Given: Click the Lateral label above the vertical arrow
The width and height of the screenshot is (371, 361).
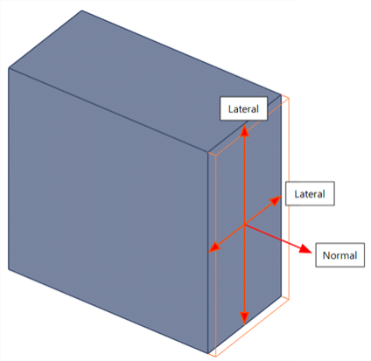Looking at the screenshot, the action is (x=243, y=108).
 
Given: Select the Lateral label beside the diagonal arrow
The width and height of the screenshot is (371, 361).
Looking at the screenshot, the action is (x=310, y=194).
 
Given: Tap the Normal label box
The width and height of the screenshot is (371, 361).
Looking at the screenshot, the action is (x=339, y=255).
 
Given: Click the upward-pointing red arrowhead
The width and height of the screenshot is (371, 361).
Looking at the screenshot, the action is (x=244, y=131).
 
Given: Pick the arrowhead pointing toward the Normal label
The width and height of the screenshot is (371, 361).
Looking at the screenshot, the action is (x=305, y=249).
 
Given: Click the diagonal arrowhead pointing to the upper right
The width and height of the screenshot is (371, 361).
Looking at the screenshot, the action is (x=276, y=200).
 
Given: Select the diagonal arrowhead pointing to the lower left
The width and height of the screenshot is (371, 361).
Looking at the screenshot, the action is (x=214, y=247).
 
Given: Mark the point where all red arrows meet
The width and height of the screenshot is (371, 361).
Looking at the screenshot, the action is (x=244, y=225).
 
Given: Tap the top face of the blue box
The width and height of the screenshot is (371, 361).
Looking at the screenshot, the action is (x=145, y=80).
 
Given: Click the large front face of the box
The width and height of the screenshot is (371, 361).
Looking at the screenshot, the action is (x=108, y=211).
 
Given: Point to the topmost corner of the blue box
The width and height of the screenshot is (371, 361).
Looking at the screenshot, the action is (x=82, y=10).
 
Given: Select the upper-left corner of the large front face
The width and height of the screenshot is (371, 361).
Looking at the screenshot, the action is (x=9, y=68).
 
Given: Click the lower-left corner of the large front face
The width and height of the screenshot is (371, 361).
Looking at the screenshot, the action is (x=9, y=269).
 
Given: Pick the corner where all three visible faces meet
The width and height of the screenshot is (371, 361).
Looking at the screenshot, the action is (x=207, y=152).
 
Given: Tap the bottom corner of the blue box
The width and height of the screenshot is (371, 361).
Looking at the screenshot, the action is (x=207, y=353).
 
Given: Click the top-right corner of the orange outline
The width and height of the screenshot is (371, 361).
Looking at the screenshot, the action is (x=289, y=98).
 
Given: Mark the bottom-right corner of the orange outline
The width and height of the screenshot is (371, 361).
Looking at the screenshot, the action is (x=289, y=299).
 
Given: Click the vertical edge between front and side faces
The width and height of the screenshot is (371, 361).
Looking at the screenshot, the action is (x=207, y=253).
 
